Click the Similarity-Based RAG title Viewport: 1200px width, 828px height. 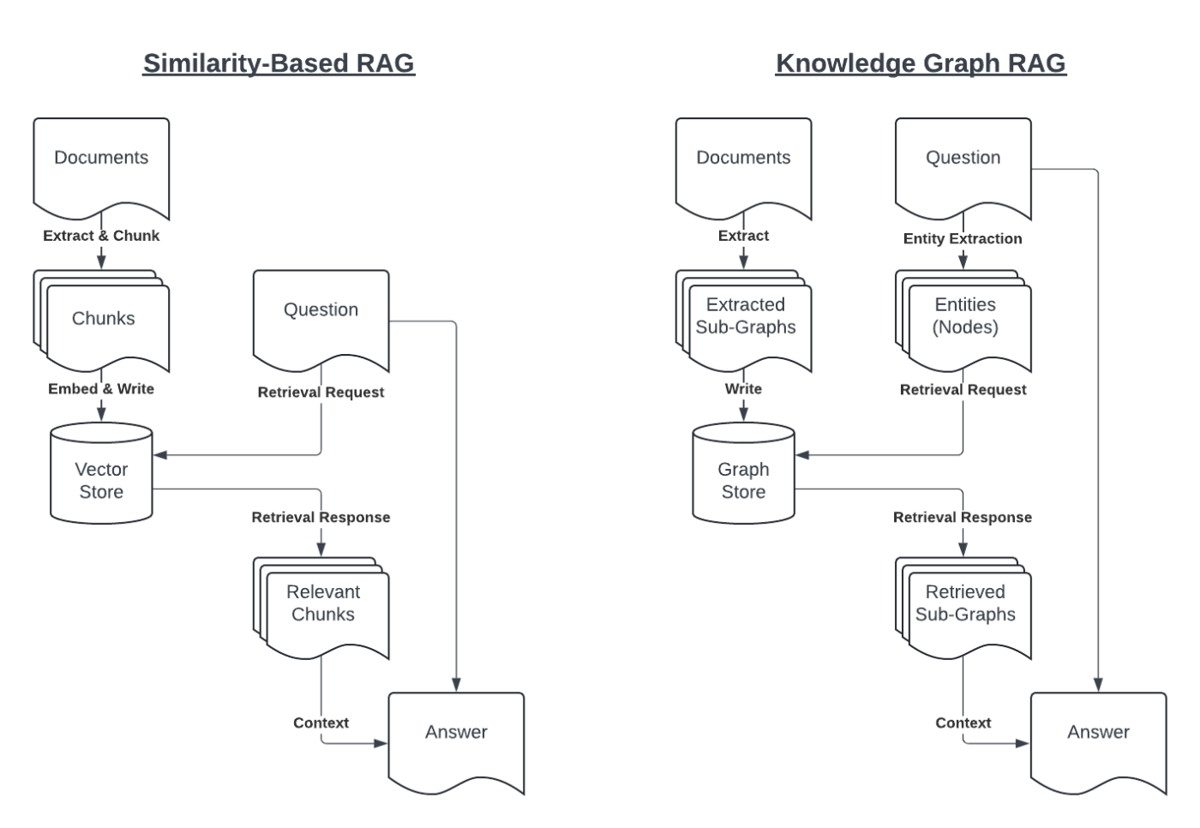[279, 63]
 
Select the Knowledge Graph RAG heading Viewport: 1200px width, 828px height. [921, 63]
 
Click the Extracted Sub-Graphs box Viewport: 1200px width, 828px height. [745, 318]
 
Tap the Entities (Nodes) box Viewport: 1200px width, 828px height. [965, 318]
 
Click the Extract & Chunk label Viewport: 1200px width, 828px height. [101, 236]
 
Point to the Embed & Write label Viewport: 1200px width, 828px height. [101, 389]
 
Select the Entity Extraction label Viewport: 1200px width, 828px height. [962, 239]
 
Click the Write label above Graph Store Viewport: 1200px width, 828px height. [743, 389]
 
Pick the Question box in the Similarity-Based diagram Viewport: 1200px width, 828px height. [321, 313]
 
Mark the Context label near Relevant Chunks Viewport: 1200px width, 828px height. [321, 723]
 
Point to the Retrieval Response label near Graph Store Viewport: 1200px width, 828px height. [962, 518]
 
